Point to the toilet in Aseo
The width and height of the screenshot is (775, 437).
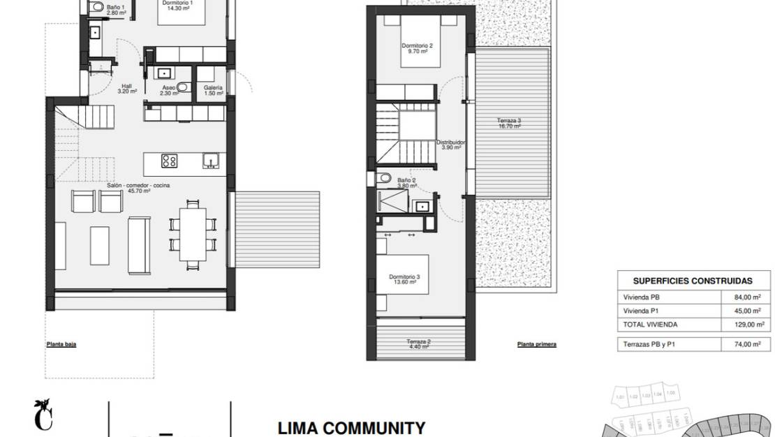183,88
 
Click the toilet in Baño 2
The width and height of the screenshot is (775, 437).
383,179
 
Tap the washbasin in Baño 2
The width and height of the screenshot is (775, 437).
422,206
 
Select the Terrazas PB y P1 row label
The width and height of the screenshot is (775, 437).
651,344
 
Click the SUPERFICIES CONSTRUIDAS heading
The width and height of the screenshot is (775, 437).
692,281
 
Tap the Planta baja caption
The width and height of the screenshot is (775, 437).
61,343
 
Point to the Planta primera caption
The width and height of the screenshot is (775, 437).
536,344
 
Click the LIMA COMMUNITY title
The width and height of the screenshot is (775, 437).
351,427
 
